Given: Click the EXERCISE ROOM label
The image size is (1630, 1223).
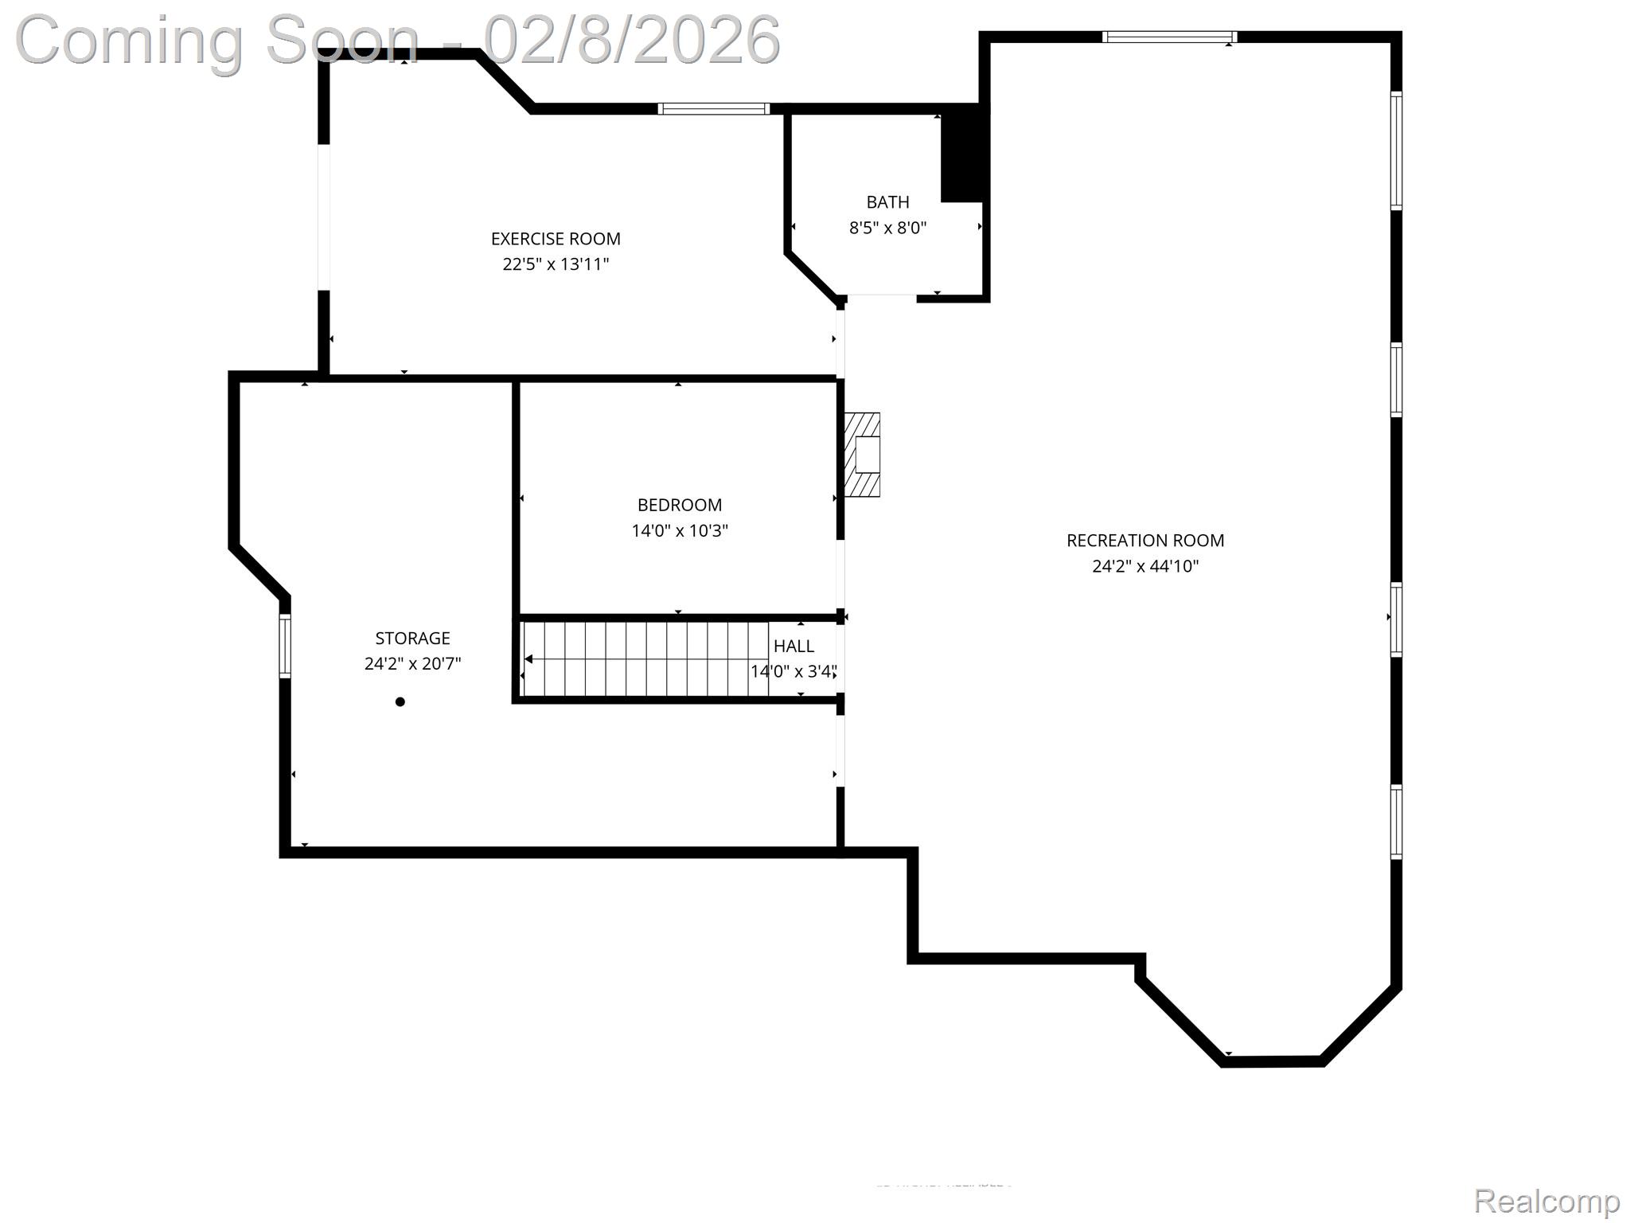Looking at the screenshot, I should pos(556,239).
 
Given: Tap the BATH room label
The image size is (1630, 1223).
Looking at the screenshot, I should pos(887,202).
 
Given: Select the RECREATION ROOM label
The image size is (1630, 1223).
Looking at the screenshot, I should pos(1145,541).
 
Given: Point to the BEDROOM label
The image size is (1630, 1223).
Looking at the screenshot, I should pos(679,505).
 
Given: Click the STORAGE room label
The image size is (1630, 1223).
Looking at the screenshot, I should pos(412,638).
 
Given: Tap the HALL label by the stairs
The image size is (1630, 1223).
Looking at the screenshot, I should pos(794,646).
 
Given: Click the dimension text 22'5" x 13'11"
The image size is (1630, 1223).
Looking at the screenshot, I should pos(556,264).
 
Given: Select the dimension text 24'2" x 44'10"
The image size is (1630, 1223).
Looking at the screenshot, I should pos(1145,566).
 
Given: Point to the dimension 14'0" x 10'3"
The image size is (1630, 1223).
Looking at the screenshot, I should pos(679,530).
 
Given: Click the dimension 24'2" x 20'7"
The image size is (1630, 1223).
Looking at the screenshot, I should pos(412,663).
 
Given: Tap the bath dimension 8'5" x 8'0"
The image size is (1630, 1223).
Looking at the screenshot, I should pos(887,228).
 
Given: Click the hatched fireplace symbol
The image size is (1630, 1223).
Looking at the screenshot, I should pos(862,455).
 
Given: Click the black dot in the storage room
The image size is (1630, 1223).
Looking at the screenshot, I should pos(400,701).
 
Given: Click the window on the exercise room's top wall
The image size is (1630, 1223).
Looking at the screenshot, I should pos(714,109).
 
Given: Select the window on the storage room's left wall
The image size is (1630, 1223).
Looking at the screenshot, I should pos(285,646).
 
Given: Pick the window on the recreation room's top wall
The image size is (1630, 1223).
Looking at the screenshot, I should pos(1169,37).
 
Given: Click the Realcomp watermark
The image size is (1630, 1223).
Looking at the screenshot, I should pos(1546,1201).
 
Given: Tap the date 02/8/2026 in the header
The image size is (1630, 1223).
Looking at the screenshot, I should pos(632,40).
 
